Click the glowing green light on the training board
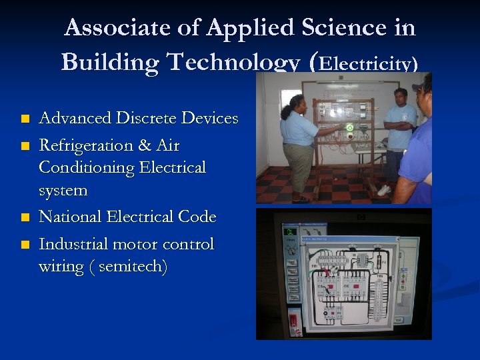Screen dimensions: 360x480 click(x=349, y=127)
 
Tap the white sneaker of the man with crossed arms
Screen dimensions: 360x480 click(x=384, y=190)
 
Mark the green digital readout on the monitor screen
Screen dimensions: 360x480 click(x=291, y=233)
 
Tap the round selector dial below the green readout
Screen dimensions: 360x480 click(x=291, y=251)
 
